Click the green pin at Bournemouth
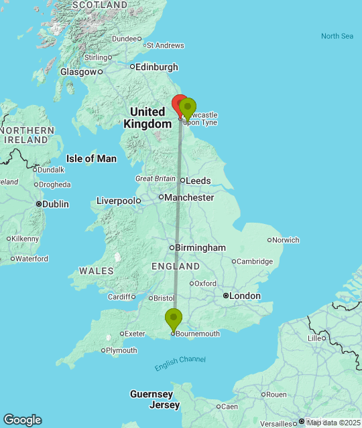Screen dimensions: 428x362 coord(174,318)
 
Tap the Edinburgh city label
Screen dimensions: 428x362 coord(157,67)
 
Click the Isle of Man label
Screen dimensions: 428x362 coord(91,158)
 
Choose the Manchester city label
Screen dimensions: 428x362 coord(190,197)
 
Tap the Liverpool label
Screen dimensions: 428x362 coord(116,201)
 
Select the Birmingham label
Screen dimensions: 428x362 coord(200,247)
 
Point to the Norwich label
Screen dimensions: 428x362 coord(286,239)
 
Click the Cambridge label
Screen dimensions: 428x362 coord(256,261)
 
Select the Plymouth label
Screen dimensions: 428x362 coord(122,350)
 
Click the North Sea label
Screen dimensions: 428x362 coord(337,36)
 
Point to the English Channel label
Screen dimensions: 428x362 coord(180,364)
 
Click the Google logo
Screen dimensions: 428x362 coord(22,420)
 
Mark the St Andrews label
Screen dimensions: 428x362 coord(165,45)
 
